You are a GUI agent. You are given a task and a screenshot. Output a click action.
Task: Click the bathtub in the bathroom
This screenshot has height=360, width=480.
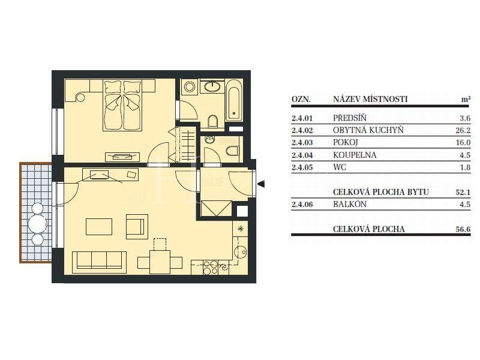point(234,100)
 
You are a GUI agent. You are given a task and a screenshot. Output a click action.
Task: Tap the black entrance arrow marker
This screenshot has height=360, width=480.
point(261,184)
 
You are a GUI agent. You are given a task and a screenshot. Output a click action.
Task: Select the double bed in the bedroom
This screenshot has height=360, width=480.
point(122,106)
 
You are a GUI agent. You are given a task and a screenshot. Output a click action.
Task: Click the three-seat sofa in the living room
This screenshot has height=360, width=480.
point(99,262)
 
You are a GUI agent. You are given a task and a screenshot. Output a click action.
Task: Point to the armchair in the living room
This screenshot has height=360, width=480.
point(137,227)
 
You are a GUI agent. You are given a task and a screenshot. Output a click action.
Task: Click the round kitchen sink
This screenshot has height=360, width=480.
point(241,252)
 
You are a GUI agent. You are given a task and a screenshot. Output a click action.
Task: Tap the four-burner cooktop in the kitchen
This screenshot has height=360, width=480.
point(211,267)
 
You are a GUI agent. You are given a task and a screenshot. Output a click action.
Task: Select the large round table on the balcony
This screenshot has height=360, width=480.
point(37,224)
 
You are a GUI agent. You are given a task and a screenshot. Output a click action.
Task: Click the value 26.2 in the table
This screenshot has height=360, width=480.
point(463,130)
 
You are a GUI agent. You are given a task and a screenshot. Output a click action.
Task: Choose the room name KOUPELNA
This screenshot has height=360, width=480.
point(355,155)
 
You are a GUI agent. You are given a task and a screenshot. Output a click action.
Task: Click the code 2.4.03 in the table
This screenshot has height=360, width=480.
point(302,143)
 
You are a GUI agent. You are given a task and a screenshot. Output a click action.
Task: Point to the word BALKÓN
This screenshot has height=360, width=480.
point(350,204)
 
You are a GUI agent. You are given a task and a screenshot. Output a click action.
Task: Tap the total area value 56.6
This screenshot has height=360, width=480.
point(463,229)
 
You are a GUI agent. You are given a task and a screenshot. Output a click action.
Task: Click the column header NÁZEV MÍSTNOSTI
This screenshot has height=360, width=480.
point(370,99)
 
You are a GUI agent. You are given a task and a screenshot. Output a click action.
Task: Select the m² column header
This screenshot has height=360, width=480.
point(466,99)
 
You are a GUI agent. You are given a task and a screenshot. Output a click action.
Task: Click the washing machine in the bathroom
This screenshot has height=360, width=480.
point(190,86)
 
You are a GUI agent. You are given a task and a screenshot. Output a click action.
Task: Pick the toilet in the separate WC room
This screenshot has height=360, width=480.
point(233,151)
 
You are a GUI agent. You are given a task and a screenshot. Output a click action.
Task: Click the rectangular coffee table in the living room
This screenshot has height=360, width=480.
point(99,227)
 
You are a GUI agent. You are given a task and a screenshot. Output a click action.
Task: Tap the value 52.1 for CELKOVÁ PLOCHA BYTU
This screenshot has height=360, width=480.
point(463,192)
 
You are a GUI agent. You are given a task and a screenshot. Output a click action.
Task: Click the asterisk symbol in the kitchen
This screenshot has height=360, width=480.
point(241,228)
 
